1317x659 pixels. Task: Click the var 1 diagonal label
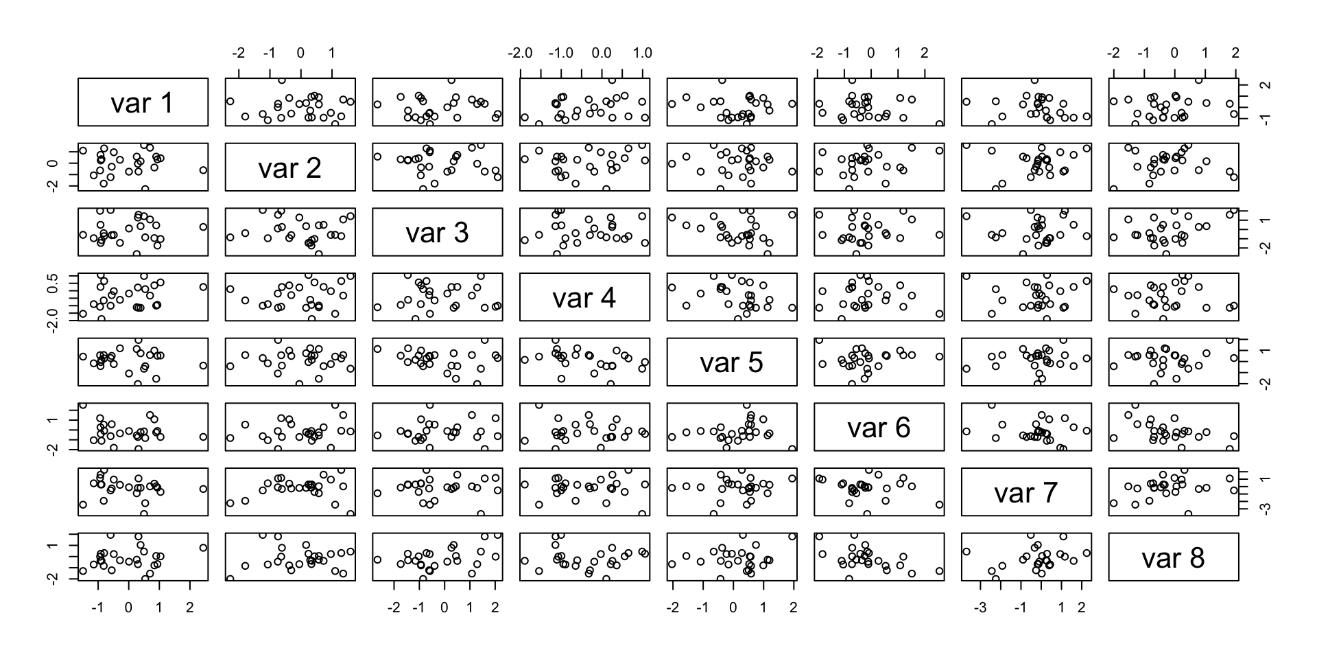pyautogui.click(x=143, y=103)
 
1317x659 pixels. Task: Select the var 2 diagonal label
pyautogui.click(x=289, y=168)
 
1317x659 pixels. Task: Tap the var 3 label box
pyautogui.click(x=437, y=233)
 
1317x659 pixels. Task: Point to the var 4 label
pyautogui.click(x=584, y=298)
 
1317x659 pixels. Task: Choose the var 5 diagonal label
pyautogui.click(x=731, y=362)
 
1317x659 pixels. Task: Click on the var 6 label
pyautogui.click(x=879, y=428)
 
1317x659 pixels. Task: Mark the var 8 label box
pyautogui.click(x=1173, y=557)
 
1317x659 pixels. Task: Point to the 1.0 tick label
pyautogui.click(x=642, y=53)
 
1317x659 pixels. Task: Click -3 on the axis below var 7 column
pyautogui.click(x=981, y=608)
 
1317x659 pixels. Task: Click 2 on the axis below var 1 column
pyautogui.click(x=189, y=608)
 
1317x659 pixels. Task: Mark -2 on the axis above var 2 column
pyautogui.click(x=238, y=53)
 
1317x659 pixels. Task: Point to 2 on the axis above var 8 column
pyautogui.click(x=1235, y=53)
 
